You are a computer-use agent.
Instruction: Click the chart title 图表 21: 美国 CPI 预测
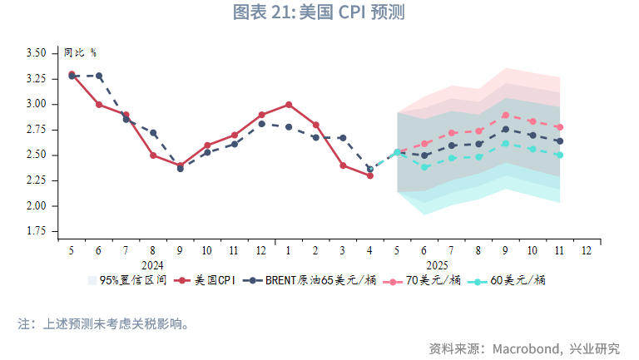[319, 12]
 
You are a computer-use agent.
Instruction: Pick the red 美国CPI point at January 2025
[289, 105]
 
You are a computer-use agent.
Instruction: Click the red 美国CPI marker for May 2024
[72, 74]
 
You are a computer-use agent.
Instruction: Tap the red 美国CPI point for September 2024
[180, 165]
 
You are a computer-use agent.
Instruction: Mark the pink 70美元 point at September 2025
[505, 116]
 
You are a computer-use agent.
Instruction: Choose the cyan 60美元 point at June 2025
[424, 167]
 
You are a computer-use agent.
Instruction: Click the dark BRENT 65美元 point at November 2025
[559, 141]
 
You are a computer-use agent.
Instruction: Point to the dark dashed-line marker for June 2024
[99, 76]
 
